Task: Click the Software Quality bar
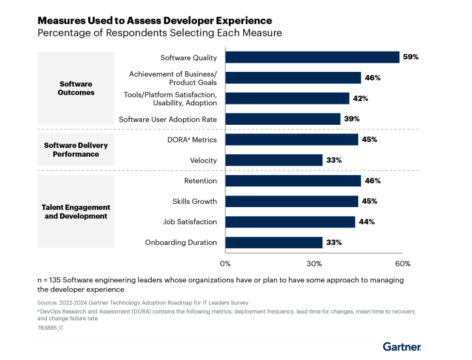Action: tap(312, 57)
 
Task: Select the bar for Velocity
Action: tap(274, 160)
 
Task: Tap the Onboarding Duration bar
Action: tap(274, 242)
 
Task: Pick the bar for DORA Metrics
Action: tap(292, 140)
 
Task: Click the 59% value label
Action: tap(411, 57)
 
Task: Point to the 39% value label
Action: tap(352, 119)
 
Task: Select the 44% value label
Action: tap(366, 222)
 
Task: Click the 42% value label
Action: tap(360, 99)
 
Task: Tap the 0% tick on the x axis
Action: tap(226, 264)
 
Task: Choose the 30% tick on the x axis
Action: tap(314, 264)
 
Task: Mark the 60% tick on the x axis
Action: tap(403, 264)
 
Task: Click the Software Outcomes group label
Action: tap(76, 88)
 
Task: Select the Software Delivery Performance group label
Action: tap(76, 150)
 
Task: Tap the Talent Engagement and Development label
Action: tap(77, 212)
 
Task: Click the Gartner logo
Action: tap(401, 346)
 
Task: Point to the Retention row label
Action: tap(200, 181)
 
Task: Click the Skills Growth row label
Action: tap(194, 201)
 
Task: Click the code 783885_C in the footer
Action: tap(50, 327)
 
